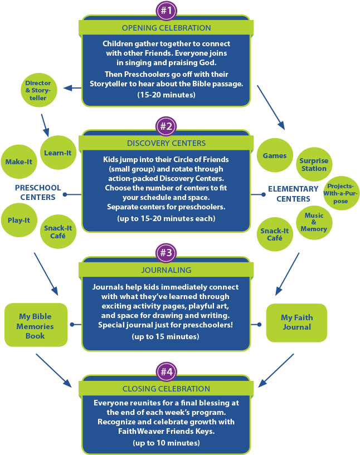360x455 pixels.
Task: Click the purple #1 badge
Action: (167, 10)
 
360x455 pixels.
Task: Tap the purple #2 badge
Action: (167, 126)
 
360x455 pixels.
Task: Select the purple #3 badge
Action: (167, 253)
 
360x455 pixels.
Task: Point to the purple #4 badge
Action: (167, 371)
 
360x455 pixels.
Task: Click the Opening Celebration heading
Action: (166, 28)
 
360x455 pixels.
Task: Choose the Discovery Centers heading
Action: (166, 143)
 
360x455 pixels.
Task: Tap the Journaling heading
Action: (166, 270)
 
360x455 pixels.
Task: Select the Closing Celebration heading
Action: (166, 389)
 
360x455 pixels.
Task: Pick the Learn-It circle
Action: (57, 153)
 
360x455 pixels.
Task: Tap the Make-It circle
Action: (18, 162)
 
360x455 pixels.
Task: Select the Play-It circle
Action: (19, 220)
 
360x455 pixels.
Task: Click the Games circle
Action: (275, 156)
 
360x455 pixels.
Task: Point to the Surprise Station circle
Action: (314, 164)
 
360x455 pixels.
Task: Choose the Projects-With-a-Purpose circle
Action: (341, 193)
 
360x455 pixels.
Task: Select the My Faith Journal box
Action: (296, 322)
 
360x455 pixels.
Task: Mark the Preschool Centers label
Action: (38, 192)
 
